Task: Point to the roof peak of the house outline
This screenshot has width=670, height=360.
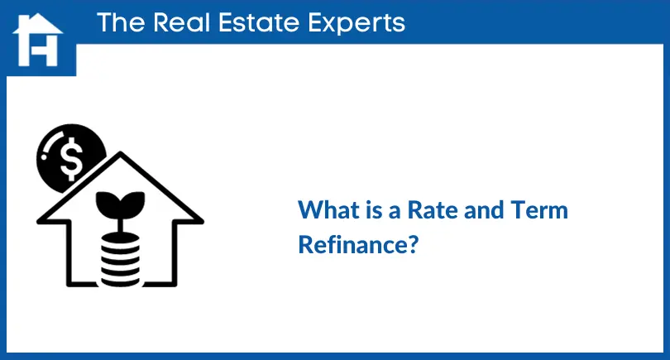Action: tap(121, 156)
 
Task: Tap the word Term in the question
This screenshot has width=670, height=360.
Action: tap(540, 209)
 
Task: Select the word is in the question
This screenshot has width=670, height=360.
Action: tap(371, 209)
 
